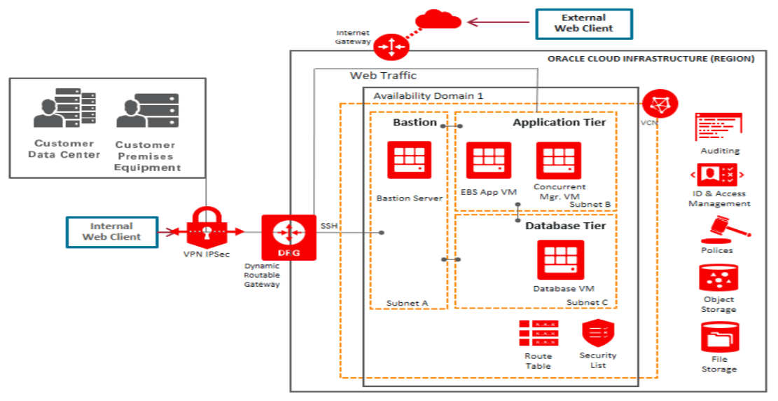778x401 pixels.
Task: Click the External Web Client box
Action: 583,23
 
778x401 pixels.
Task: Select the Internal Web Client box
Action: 111,232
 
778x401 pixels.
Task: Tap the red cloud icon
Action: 438,20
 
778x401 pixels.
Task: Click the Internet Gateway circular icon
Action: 388,46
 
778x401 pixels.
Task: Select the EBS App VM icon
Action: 489,161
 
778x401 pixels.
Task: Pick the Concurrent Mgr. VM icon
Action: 559,161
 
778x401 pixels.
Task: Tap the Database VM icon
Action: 560,259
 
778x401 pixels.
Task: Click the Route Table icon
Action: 539,334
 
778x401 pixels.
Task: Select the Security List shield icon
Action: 597,334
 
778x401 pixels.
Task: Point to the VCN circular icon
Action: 658,104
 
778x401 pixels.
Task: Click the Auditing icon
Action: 718,128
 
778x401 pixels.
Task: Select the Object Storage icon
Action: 717,278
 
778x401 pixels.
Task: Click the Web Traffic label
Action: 383,76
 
